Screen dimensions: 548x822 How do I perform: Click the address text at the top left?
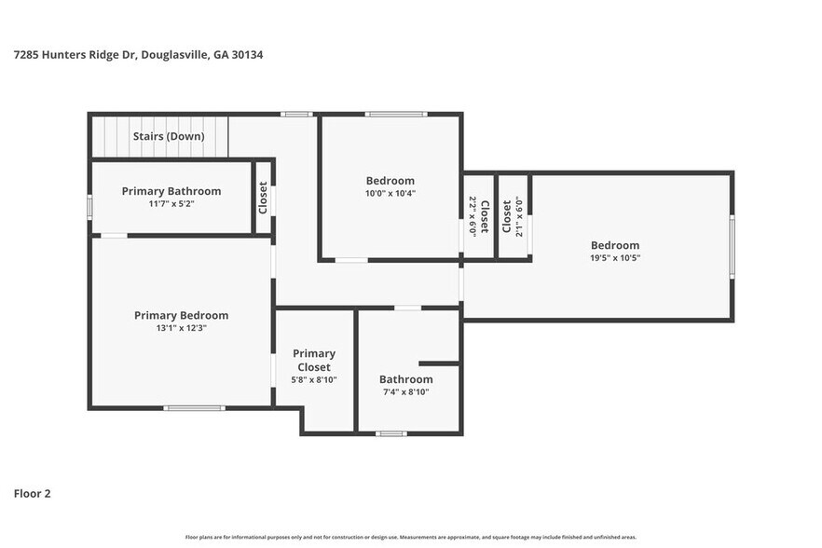138,55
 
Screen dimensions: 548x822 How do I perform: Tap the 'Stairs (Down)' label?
168,136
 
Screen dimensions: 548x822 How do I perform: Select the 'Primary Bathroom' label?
171,191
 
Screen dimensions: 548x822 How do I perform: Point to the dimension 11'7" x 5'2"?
171,203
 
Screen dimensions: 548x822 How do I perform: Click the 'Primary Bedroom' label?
181,315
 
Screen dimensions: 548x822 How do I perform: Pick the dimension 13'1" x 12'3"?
181,328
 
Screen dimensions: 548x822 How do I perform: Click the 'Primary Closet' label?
314,360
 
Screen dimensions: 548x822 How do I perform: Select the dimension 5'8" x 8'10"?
314,380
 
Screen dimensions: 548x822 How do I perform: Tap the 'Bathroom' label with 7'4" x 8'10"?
405,379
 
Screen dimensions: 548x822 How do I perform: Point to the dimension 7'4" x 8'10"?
405,392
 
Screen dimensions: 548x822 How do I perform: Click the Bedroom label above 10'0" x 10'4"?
390,181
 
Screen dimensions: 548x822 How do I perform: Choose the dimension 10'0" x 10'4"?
390,194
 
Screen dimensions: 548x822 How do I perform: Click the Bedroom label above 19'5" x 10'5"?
614,245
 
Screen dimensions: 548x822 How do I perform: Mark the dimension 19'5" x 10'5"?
614,258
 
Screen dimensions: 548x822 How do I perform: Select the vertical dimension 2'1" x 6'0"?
519,216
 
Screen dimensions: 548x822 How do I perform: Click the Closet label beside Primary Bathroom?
263,198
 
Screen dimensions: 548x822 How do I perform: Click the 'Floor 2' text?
32,493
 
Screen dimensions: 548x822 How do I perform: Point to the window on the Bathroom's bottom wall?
390,433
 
